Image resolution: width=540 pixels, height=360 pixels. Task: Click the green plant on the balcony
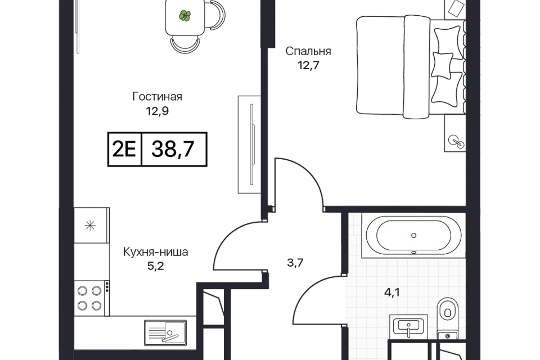(184, 16)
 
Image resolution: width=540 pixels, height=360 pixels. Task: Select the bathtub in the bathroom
(414, 235)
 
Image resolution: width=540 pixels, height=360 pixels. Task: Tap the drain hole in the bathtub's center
(414, 235)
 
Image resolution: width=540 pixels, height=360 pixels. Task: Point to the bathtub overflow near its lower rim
(414, 251)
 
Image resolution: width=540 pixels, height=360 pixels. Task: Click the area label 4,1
(392, 292)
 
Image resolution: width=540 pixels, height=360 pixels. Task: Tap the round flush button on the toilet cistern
(448, 336)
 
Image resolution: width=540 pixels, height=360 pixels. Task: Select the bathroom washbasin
(409, 327)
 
